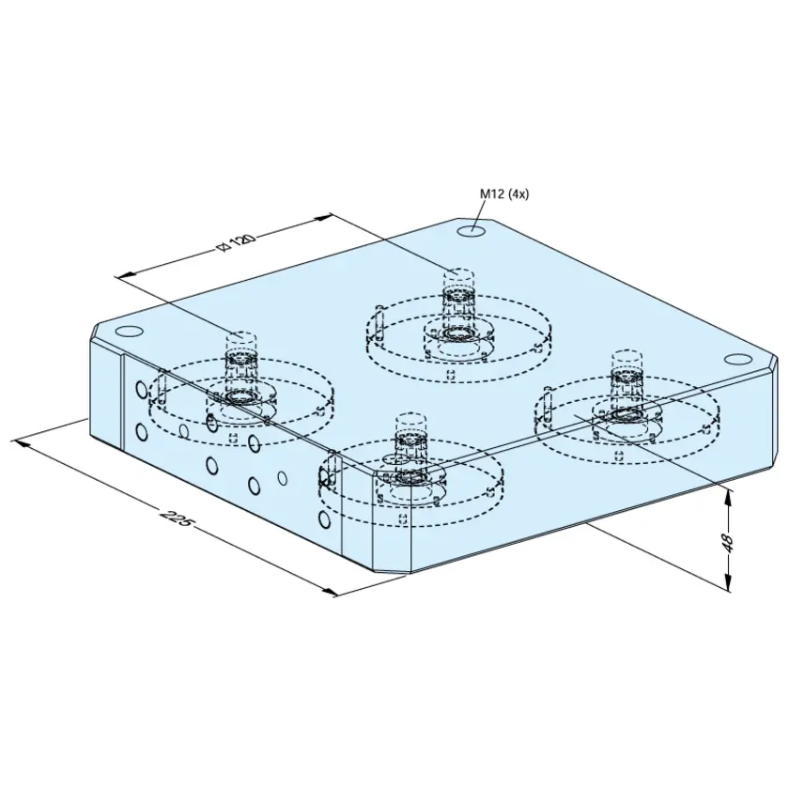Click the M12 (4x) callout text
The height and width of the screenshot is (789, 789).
click(504, 194)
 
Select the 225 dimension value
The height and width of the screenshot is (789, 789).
click(175, 518)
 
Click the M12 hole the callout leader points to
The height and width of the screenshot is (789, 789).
click(472, 231)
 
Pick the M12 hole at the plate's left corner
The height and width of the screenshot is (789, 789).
click(129, 332)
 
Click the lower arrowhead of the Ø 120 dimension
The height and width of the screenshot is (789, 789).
click(126, 273)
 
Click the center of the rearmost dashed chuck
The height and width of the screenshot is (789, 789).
click(457, 333)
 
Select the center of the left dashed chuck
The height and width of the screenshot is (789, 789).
click(241, 397)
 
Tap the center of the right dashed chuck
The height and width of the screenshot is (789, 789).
click(626, 415)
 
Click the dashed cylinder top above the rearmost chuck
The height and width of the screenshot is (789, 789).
click(458, 274)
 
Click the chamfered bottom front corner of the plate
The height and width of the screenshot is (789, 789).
click(393, 572)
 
